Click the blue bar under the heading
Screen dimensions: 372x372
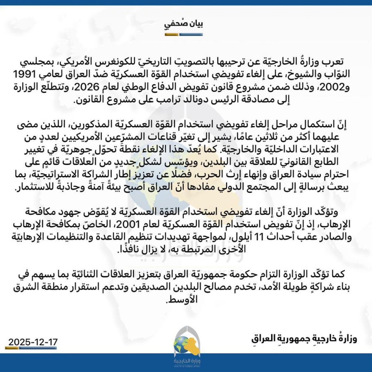pyautogui.click(x=191, y=34)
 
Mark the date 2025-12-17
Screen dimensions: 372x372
pyautogui.click(x=33, y=342)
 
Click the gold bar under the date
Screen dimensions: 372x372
pyautogui.click(x=12, y=348)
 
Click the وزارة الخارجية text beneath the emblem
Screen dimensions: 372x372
pyautogui.click(x=187, y=361)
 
